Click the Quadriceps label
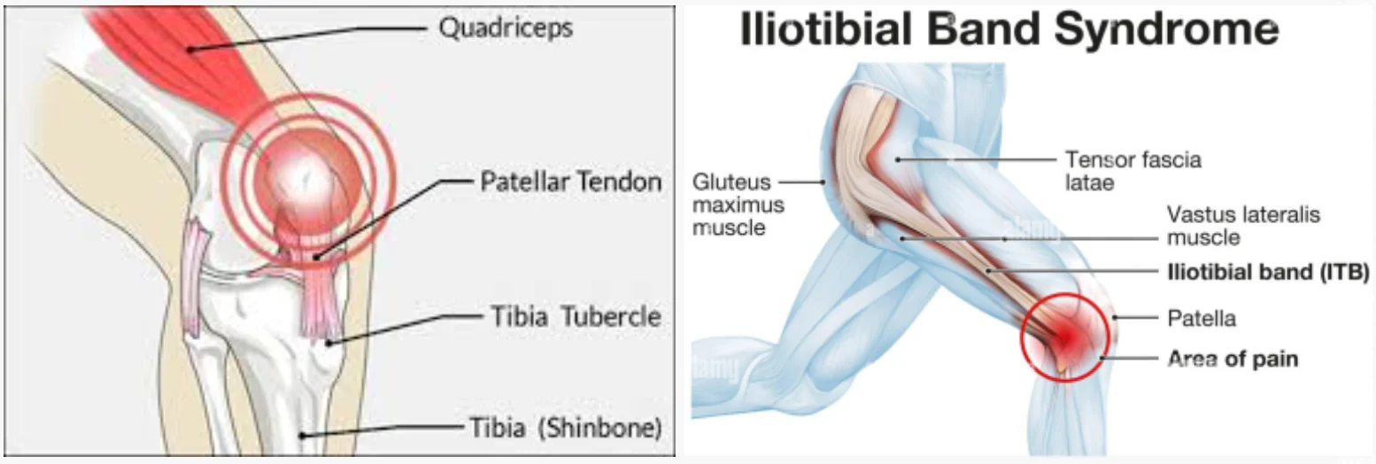(505, 28)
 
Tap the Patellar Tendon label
(570, 182)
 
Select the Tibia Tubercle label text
(576, 316)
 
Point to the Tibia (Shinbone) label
(566, 427)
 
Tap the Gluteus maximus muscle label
(738, 205)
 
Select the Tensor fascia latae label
(1132, 171)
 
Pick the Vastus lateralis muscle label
(1243, 226)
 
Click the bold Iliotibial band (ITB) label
(1268, 272)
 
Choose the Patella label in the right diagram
(1202, 319)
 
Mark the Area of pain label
(1233, 359)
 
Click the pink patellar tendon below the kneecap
(316, 289)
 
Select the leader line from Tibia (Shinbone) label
(381, 430)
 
